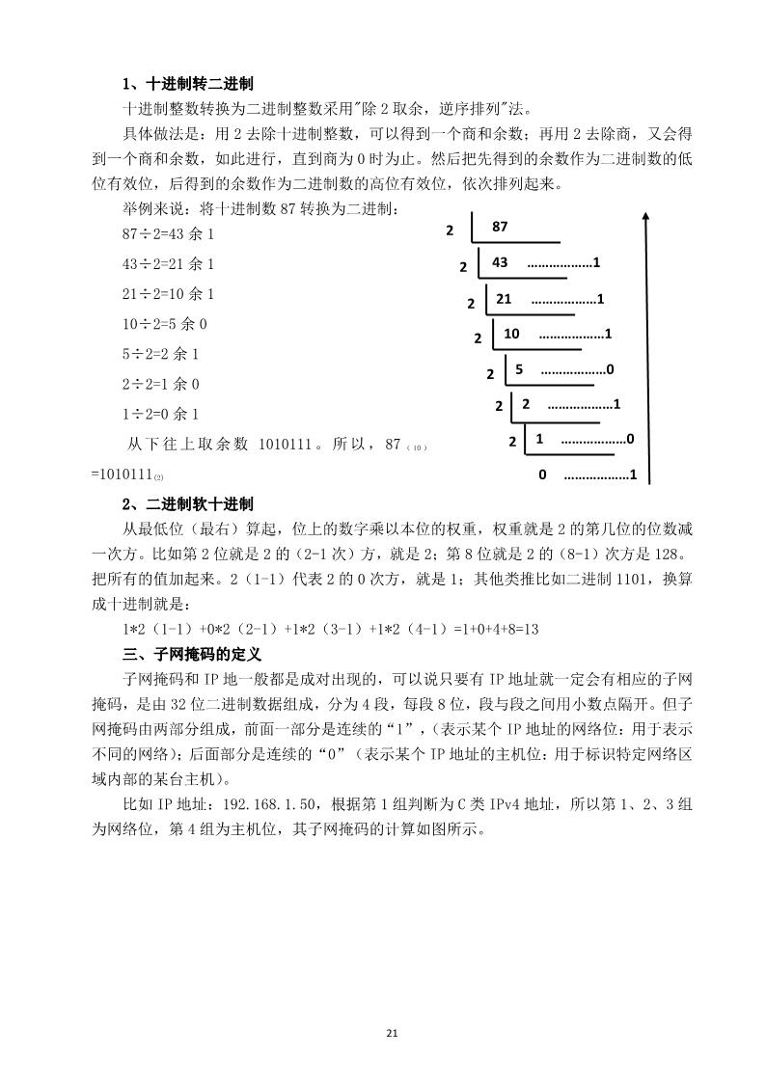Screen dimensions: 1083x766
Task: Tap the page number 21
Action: (392, 1034)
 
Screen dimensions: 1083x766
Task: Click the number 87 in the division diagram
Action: (500, 228)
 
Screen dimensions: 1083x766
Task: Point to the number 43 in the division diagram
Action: (500, 262)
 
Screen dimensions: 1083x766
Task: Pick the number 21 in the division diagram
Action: (504, 299)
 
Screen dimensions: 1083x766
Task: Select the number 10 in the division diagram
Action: (511, 334)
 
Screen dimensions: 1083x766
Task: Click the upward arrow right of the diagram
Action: (644, 347)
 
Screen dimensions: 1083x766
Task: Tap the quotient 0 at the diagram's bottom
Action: (542, 474)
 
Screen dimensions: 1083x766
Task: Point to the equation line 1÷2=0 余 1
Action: (161, 414)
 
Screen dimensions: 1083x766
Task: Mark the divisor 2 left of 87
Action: (450, 231)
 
